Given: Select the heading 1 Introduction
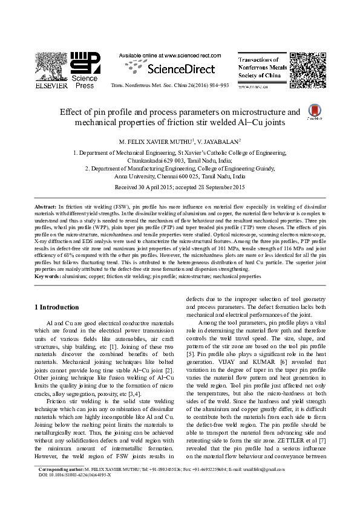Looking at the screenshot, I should pos(57,307).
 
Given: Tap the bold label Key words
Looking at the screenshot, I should pos(47,276).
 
